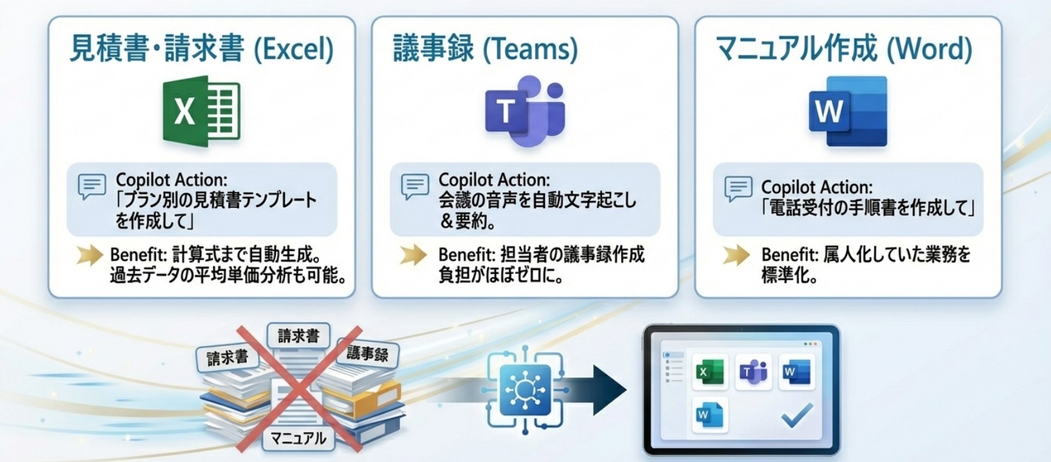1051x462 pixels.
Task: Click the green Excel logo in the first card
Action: click(201, 111)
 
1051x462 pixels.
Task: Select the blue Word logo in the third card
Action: click(848, 111)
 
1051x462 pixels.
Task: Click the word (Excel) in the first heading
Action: click(294, 50)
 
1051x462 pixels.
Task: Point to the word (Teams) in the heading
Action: click(530, 50)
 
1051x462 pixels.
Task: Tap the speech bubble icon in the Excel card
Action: click(91, 187)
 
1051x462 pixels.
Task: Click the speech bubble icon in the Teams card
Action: click(415, 187)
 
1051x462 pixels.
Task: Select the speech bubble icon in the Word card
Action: click(738, 189)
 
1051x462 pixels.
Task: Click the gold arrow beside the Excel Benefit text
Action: click(89, 255)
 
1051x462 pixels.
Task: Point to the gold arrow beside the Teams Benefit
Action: click(413, 255)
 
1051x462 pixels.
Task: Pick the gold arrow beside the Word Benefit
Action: click(736, 255)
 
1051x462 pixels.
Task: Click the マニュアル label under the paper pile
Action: click(298, 438)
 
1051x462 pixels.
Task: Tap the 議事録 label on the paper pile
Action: click(367, 353)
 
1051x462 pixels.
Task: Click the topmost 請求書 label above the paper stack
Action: click(298, 336)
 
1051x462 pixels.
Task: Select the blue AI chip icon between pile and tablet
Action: click(525, 391)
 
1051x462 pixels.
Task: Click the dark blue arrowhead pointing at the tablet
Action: click(609, 390)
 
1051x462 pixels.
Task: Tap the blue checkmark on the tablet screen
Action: click(796, 416)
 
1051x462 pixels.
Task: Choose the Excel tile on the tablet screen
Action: click(709, 372)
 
